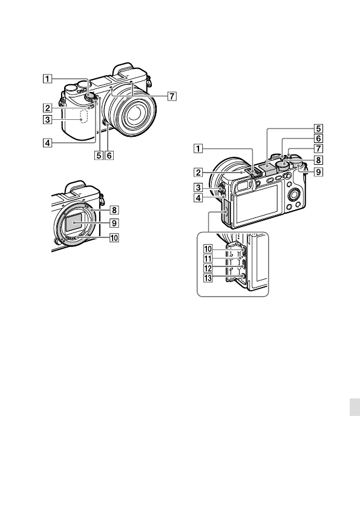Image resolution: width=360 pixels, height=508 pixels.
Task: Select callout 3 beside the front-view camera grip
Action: [47, 120]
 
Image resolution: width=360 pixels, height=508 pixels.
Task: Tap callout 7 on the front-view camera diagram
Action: [173, 96]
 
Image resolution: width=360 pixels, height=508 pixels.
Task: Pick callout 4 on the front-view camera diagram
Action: [47, 143]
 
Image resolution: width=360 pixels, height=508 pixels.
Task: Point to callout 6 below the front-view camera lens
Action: [109, 154]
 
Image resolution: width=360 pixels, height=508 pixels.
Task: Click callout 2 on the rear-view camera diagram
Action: [198, 172]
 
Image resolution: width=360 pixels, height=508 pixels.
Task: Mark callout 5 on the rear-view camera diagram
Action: [318, 128]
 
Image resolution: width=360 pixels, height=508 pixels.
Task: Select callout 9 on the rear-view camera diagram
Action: [318, 172]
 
